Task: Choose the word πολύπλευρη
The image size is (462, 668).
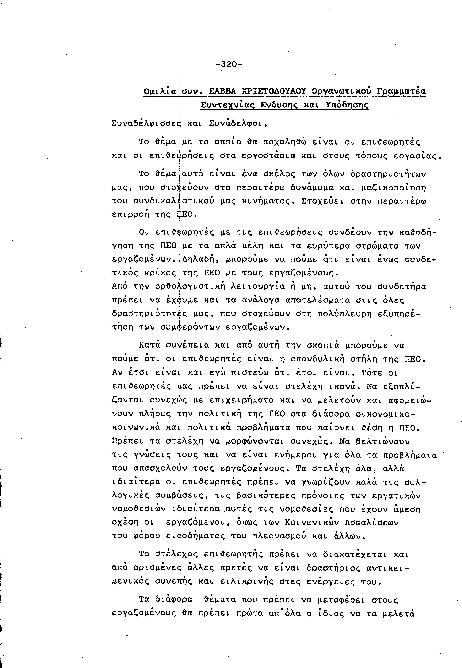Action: pyautogui.click(x=344, y=314)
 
